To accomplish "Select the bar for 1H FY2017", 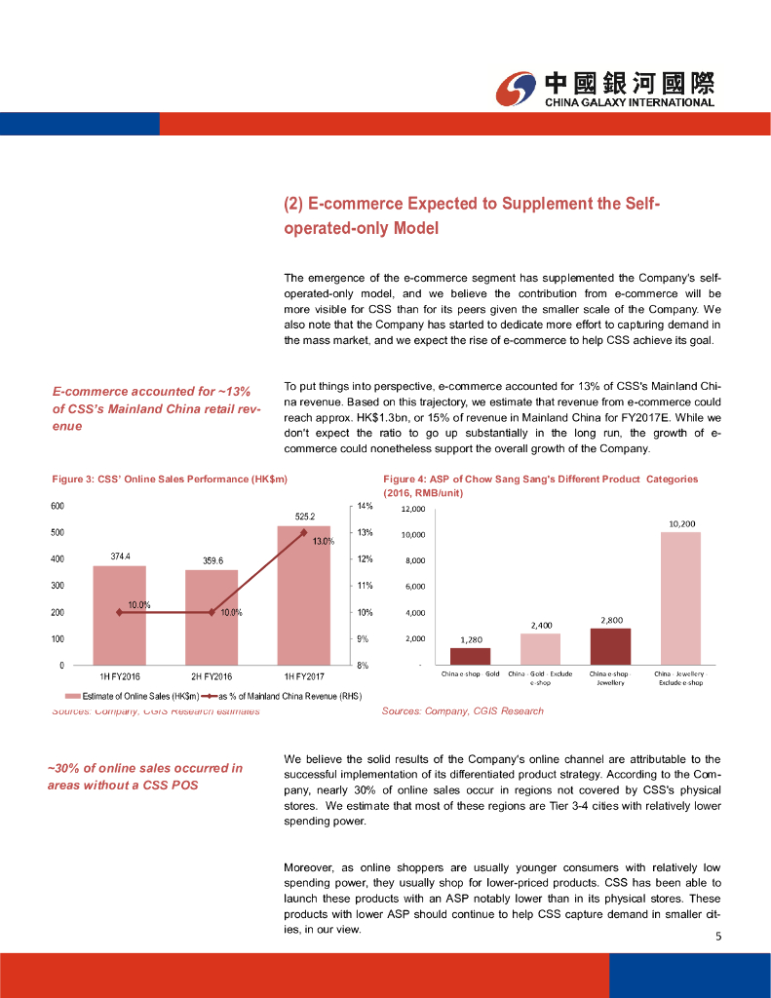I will click(304, 595).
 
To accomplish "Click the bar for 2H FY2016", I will click(212, 617).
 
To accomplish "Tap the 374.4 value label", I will click(120, 556).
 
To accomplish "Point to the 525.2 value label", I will click(304, 516).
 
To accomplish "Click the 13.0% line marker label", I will click(324, 541).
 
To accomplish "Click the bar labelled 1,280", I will click(471, 655).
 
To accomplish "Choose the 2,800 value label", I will click(612, 620).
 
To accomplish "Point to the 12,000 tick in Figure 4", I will click(412, 509).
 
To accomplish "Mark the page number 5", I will click(718, 938).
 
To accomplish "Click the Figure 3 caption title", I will click(169, 479).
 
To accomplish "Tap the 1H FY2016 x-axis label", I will click(120, 675).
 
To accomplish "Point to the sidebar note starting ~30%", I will click(145, 776).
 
